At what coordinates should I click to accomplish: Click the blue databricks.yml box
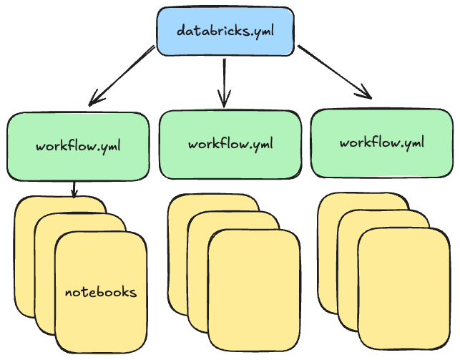[225, 31]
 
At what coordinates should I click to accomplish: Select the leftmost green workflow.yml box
[77, 147]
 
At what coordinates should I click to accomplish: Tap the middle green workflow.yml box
[230, 144]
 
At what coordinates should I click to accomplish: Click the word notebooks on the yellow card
[100, 292]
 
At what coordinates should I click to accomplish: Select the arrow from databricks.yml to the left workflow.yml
[122, 74]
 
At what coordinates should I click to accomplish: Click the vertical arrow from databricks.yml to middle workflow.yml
[225, 79]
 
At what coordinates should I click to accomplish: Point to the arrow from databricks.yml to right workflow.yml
[335, 72]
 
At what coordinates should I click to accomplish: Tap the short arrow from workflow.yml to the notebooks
[74, 189]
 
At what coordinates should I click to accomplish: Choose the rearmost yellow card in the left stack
[25, 258]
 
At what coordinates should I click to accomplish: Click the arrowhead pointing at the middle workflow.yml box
[225, 100]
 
